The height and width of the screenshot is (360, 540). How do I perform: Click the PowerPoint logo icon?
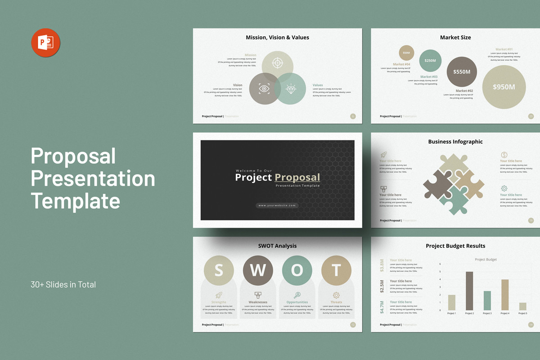[x=45, y=43]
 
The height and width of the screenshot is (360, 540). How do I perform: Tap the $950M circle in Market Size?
[x=504, y=87]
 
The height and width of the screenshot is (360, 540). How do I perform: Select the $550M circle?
[x=462, y=72]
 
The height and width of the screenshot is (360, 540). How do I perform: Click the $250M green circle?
[x=430, y=61]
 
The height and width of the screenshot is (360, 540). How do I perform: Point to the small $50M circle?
[x=406, y=53]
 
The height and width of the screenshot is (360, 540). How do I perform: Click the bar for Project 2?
[x=469, y=291]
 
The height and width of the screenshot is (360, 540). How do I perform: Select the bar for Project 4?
[x=505, y=295]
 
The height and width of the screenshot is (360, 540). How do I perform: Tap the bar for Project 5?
[x=522, y=306]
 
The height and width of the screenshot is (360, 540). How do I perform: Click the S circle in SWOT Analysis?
[x=219, y=270]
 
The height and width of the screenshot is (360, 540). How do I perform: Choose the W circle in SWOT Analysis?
[x=258, y=270]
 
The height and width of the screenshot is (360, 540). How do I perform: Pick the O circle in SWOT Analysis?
[x=297, y=270]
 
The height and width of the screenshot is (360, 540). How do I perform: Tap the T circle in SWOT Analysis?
[x=336, y=270]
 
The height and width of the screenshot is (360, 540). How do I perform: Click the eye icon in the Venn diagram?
[x=264, y=89]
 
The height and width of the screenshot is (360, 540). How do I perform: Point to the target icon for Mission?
[x=278, y=63]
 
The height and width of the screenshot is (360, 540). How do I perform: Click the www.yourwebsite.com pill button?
[x=277, y=205]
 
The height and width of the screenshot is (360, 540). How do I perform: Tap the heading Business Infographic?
[x=455, y=142]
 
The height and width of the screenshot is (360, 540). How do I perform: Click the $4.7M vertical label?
[x=382, y=306]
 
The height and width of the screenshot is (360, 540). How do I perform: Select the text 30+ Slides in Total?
[x=63, y=284]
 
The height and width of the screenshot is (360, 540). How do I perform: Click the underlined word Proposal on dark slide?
[x=297, y=177]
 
